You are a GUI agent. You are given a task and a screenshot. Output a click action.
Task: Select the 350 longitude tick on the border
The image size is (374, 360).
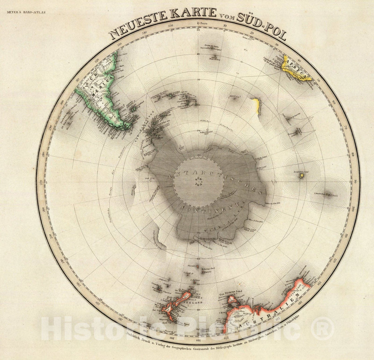170,26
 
